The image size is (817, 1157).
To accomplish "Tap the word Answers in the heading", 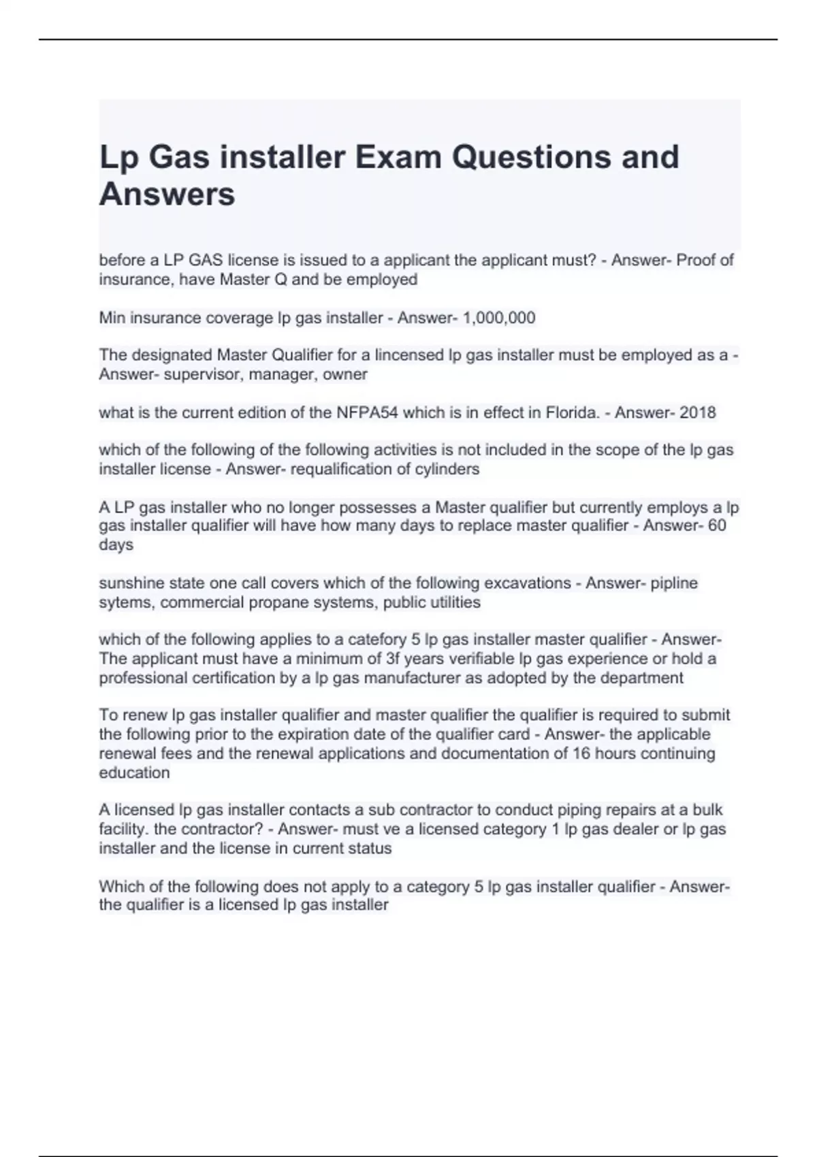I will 167,194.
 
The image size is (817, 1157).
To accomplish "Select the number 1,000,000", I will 499,318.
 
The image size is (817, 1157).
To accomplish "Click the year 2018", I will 697,412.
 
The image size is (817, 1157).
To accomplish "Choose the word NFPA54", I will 367,412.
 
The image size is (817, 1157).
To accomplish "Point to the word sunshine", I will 130,583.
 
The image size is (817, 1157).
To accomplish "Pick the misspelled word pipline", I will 674,583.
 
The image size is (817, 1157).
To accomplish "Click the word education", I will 134,772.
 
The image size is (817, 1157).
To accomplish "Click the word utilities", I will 455,602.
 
